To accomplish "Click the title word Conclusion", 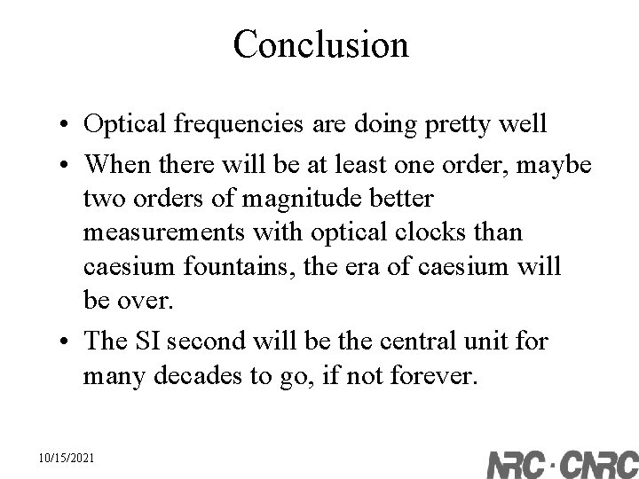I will tap(320, 44).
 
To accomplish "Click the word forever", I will tap(437, 376).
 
